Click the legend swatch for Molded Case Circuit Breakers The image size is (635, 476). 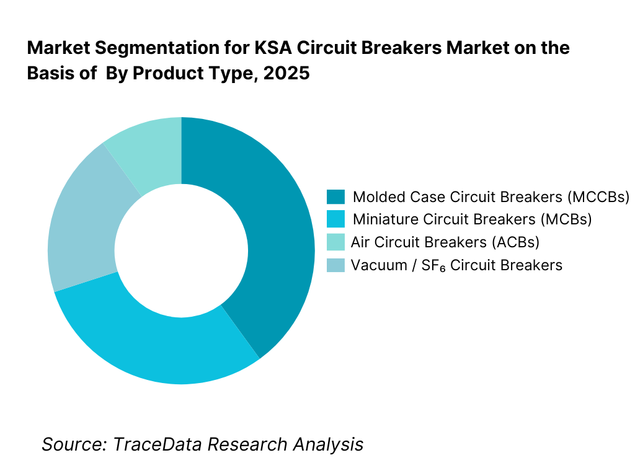pyautogui.click(x=335, y=197)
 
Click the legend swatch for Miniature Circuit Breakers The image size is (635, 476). pyautogui.click(x=335, y=219)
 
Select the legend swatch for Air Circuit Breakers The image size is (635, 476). pyautogui.click(x=335, y=242)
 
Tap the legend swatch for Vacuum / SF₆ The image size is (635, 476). pyautogui.click(x=335, y=265)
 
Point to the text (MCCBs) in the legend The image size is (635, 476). pyautogui.click(x=598, y=197)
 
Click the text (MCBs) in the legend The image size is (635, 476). pyautogui.click(x=566, y=219)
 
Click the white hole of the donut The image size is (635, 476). pyautogui.click(x=181, y=250)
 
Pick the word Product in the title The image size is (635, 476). pyautogui.click(x=167, y=73)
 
